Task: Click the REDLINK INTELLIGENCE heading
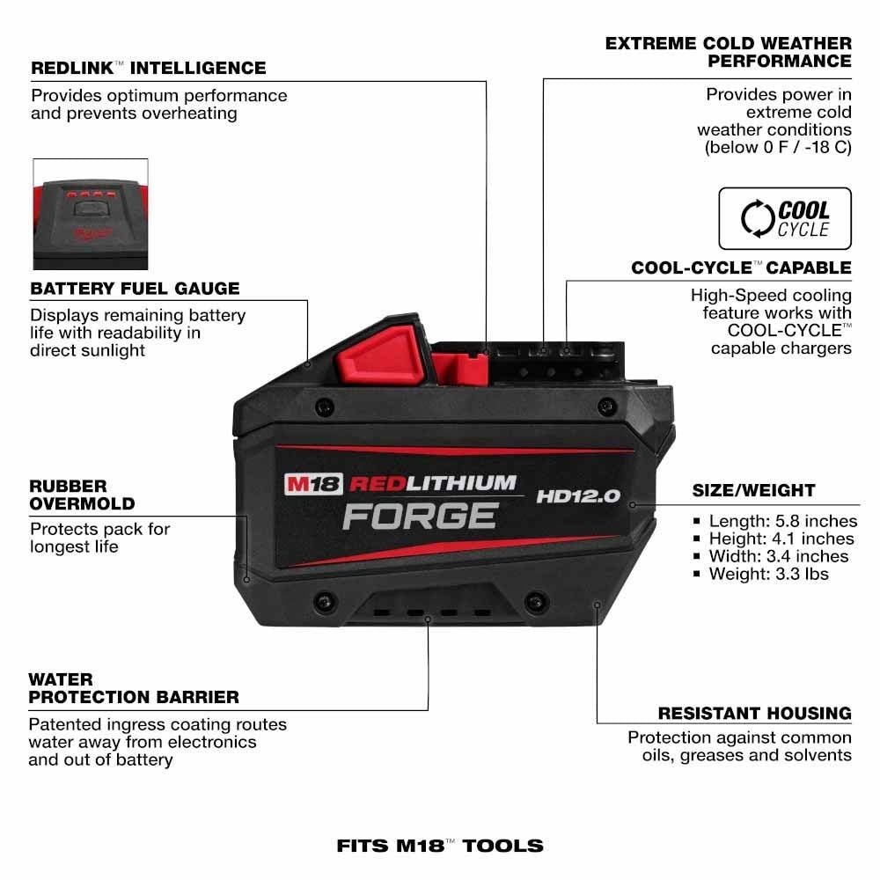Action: tap(148, 68)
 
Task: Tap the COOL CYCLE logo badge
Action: tap(785, 218)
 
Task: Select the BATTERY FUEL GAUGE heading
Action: tap(135, 289)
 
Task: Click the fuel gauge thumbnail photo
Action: tap(91, 214)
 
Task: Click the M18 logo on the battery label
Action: tap(312, 484)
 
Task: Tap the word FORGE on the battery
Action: tap(420, 515)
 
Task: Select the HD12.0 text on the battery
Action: tap(577, 496)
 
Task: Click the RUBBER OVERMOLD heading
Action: tap(82, 495)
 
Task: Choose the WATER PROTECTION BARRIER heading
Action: tap(133, 688)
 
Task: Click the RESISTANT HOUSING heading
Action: tap(754, 713)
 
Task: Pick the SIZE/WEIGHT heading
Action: tap(753, 490)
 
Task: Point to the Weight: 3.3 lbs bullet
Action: tap(768, 574)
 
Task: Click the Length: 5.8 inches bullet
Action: tap(782, 521)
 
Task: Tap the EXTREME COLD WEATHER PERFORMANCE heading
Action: tap(729, 52)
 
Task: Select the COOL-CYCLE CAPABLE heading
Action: tap(741, 268)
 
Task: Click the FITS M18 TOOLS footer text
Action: tap(440, 846)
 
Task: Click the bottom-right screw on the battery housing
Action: tap(534, 603)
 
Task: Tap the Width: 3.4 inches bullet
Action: tap(778, 556)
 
